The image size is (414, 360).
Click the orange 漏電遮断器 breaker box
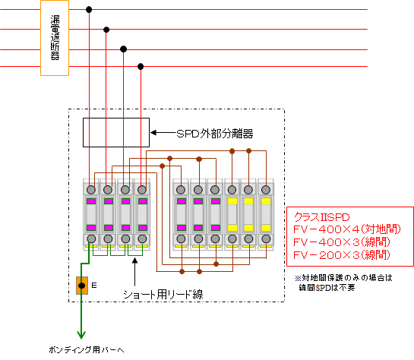[x=55, y=38]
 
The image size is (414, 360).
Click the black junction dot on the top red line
[x=89, y=10]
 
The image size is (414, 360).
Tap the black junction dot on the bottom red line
[x=141, y=67]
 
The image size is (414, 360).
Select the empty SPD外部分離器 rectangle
[x=116, y=132]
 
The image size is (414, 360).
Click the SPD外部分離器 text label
[x=215, y=134]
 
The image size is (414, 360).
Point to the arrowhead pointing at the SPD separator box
[x=153, y=132]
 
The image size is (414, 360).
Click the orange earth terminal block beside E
[x=82, y=286]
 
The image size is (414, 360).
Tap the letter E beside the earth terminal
[x=94, y=286]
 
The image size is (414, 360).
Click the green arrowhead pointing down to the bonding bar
[x=81, y=335]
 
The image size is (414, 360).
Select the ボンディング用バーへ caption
[x=87, y=350]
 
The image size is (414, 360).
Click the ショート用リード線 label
[x=163, y=294]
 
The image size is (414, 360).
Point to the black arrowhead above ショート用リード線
[x=135, y=261]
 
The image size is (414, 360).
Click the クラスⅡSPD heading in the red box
[x=321, y=217]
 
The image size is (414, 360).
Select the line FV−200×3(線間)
[x=342, y=255]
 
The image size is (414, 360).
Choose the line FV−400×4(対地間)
[x=347, y=229]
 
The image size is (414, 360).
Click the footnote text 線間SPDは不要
[x=327, y=287]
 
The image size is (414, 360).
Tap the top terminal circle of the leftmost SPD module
[x=91, y=190]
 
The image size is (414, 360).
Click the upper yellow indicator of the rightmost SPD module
[x=266, y=201]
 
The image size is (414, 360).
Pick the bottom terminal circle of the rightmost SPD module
[x=266, y=238]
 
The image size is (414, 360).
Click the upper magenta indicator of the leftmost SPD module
[x=91, y=201]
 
